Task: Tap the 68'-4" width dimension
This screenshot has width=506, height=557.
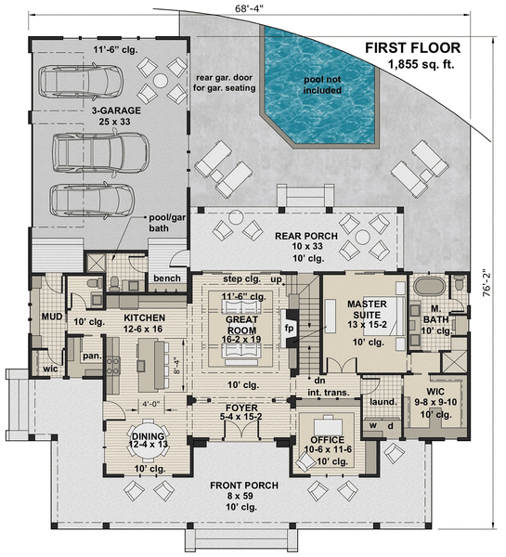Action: click(251, 8)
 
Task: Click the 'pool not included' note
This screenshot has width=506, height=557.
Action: click(322, 84)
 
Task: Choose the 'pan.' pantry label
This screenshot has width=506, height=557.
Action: click(91, 355)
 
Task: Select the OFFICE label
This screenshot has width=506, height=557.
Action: click(330, 438)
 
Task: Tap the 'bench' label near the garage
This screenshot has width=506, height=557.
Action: click(167, 278)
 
